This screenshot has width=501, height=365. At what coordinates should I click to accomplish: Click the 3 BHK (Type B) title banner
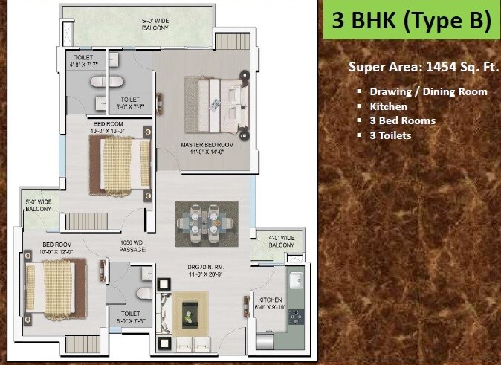[411, 22]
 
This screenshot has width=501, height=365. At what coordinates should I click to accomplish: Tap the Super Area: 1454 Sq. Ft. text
[423, 68]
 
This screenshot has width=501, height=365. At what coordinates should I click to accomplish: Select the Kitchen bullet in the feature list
[388, 106]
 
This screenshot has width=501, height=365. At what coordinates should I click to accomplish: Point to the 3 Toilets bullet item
[390, 135]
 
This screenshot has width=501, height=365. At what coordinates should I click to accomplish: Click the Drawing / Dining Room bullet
[428, 91]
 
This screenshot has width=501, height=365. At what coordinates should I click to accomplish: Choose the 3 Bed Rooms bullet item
[402, 120]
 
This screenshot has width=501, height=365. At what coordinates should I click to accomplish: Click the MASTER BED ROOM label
[207, 148]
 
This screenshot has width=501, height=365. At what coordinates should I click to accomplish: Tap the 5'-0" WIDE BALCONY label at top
[155, 24]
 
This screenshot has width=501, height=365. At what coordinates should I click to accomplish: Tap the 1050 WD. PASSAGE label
[132, 246]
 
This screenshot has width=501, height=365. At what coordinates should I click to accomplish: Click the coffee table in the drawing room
[190, 309]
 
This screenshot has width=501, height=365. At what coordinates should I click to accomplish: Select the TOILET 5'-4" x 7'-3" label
[130, 318]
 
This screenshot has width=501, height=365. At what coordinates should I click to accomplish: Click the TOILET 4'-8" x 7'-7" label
[85, 61]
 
